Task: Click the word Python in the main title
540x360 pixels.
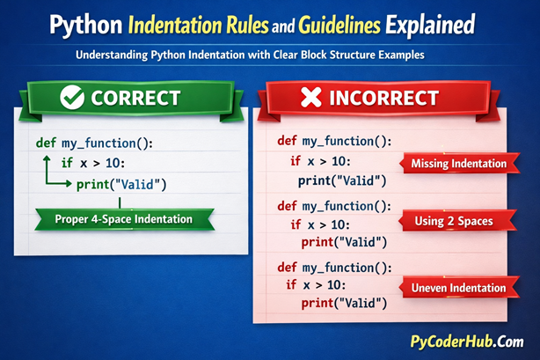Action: [x=78, y=23]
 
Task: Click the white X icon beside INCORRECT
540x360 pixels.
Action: [x=310, y=98]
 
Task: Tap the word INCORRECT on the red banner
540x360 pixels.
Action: [x=391, y=98]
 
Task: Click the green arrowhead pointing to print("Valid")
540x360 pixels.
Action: [x=67, y=183]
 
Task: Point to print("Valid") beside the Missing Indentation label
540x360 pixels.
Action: [x=343, y=180]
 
